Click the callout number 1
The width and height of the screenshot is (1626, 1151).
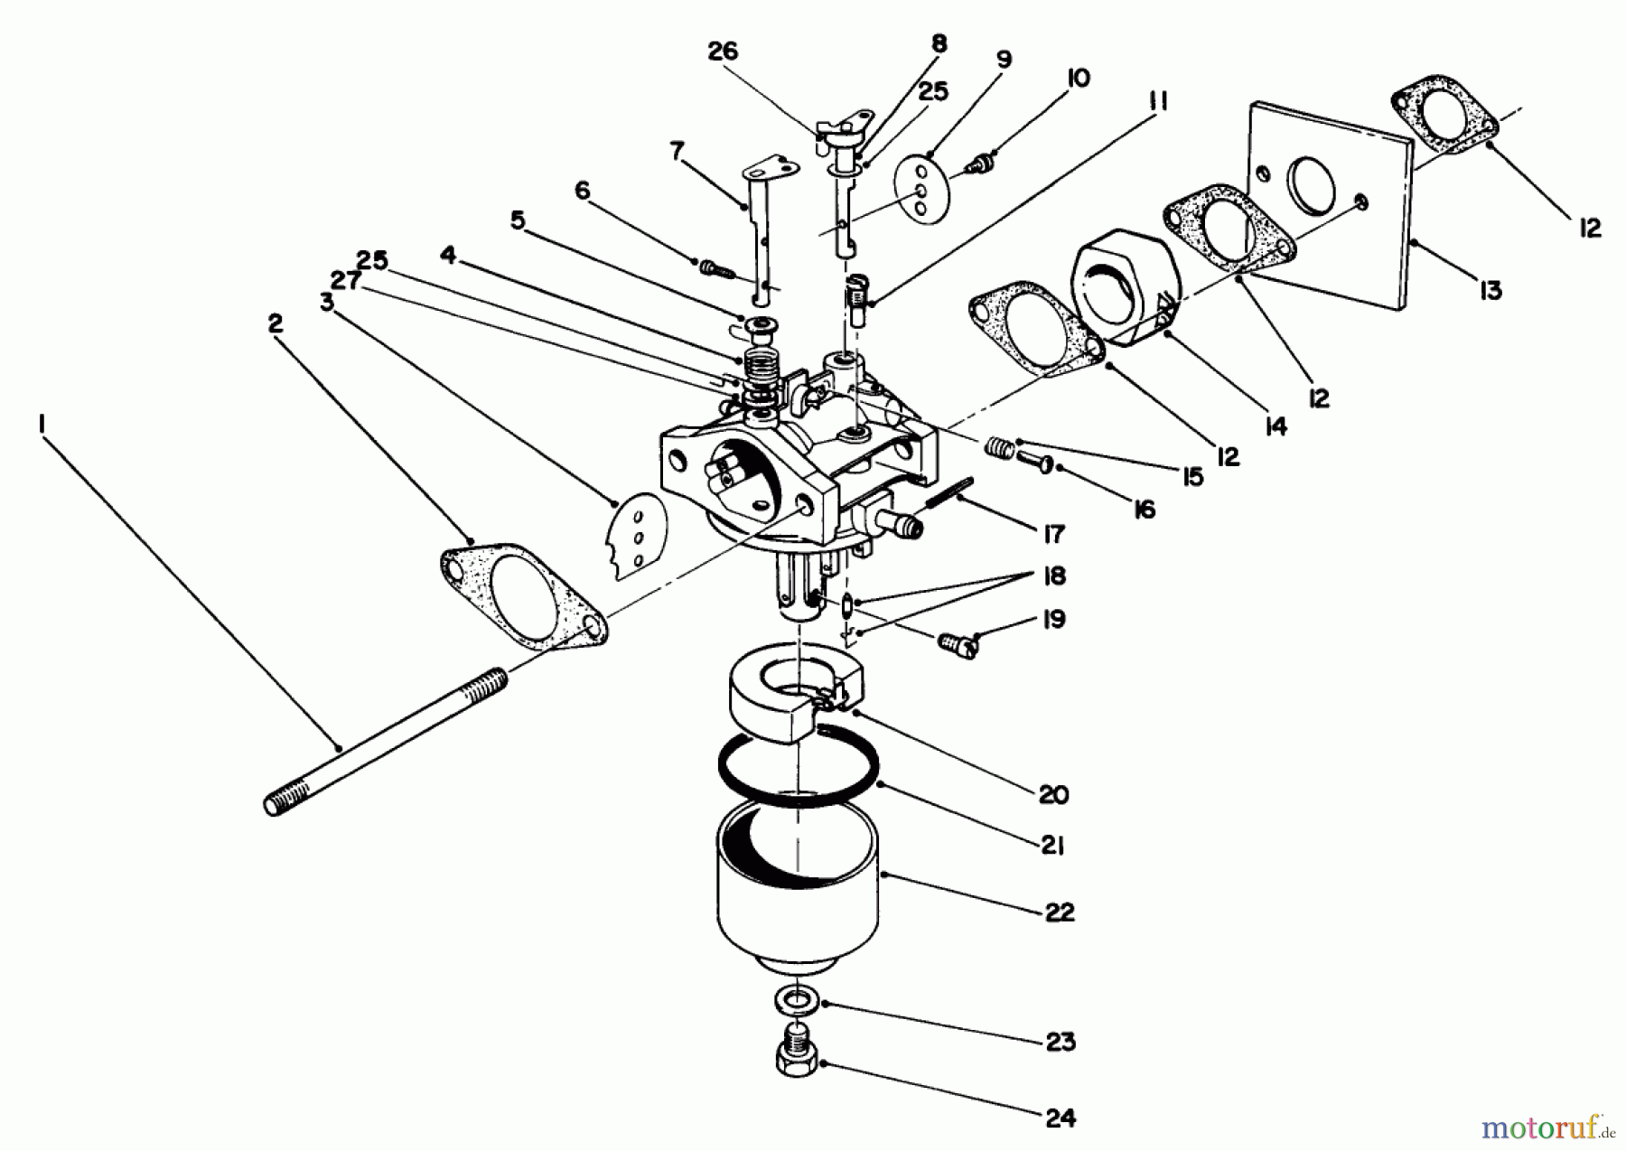click(41, 423)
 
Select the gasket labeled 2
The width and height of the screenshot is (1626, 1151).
click(524, 595)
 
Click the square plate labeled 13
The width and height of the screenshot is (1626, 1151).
click(1328, 208)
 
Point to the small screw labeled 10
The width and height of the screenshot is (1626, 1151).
click(976, 166)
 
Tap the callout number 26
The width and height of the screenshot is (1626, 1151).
click(722, 51)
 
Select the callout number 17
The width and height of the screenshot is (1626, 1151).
click(1053, 534)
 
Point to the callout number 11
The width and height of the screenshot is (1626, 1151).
click(1159, 100)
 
